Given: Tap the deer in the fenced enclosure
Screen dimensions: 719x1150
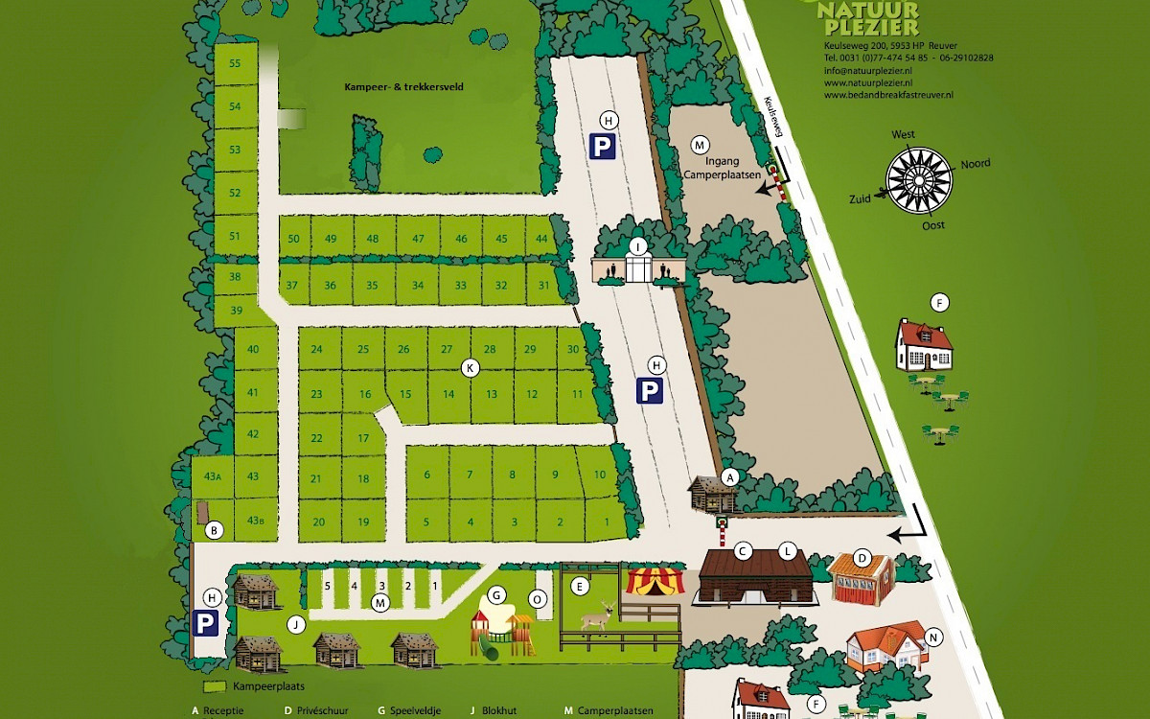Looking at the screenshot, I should pos(598,615).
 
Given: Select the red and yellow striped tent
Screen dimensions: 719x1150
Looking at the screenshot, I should pos(650,580).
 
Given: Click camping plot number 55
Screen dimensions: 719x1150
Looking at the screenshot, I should pos(235,63).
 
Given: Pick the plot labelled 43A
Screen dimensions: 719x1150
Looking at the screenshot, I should pos(212,476).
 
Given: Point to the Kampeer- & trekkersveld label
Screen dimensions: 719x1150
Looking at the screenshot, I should pos(403,86).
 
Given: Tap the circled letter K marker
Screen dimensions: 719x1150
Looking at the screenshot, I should pos(470,367).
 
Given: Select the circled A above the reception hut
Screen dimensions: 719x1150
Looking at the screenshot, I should pos(729,476).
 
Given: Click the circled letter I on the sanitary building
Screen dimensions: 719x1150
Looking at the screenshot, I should pos(637,246).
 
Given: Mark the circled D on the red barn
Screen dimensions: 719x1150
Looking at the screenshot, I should pos(862,557).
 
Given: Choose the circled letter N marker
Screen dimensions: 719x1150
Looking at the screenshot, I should pos(934,638).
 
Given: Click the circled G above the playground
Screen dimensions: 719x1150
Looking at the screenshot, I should pos(496,594).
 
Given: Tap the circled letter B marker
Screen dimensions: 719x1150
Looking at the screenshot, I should pos(215,529).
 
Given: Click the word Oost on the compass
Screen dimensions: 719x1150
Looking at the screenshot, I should pos(932,225).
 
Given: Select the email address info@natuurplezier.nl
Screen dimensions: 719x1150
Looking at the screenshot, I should pos(866,71).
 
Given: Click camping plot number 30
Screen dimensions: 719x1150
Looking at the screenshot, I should pos(573,349).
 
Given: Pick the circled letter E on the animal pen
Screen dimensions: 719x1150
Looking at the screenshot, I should pos(578,585).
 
